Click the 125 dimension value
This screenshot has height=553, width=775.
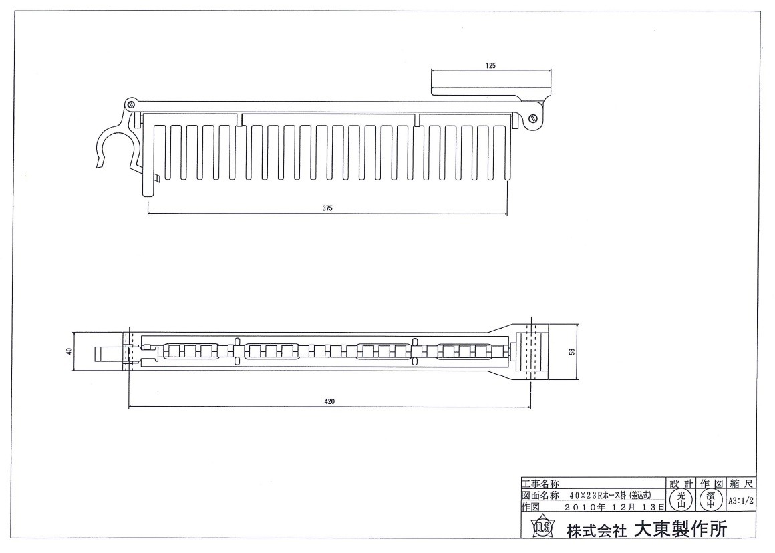coord(490,65)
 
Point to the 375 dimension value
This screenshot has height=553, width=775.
coord(327,208)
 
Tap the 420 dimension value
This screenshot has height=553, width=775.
coord(329,401)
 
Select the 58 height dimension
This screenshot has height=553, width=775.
coord(572,352)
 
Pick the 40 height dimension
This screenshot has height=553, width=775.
coord(69,351)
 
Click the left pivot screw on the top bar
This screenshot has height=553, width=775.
coord(130,104)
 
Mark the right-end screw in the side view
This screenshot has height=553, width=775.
coord(533,119)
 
